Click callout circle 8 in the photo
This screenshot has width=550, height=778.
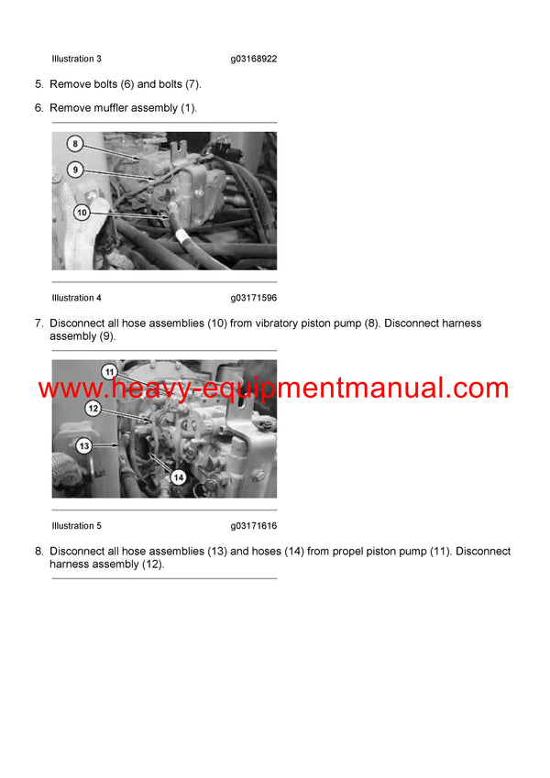pyautogui.click(x=75, y=144)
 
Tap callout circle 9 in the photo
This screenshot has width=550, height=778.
pyautogui.click(x=75, y=170)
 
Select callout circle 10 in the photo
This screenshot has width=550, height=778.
pyautogui.click(x=82, y=213)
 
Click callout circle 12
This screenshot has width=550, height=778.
pyautogui.click(x=93, y=408)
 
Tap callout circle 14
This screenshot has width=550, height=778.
pyautogui.click(x=178, y=477)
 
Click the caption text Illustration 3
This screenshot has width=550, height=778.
pyautogui.click(x=77, y=59)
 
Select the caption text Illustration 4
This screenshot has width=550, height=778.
pyautogui.click(x=77, y=298)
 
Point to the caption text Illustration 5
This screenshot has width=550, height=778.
pyautogui.click(x=77, y=526)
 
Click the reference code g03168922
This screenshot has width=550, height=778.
pyautogui.click(x=254, y=59)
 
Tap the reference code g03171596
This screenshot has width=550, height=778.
pyautogui.click(x=254, y=298)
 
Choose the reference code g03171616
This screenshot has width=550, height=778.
pyautogui.click(x=254, y=526)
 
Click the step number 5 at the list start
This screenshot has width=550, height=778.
pyautogui.click(x=38, y=84)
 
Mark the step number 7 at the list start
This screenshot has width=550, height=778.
pyautogui.click(x=38, y=323)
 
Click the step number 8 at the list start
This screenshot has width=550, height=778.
pyautogui.click(x=38, y=552)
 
